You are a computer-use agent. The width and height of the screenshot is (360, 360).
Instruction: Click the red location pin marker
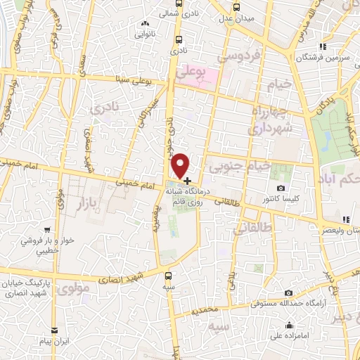tap(181, 165)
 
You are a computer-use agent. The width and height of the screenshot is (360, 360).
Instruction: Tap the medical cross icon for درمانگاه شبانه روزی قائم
tap(187, 181)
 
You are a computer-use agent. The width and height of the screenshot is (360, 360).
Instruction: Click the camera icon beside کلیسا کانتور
tap(281, 188)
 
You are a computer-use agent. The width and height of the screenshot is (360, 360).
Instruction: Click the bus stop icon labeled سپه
tap(167, 276)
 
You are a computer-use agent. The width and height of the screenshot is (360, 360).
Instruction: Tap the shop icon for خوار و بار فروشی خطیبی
tap(46, 229)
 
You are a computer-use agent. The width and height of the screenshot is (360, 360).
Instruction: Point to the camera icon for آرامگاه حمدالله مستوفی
tap(288, 292)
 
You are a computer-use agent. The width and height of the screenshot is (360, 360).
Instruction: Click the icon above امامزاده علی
tap(289, 325)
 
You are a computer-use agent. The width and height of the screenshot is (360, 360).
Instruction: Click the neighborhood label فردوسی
tap(240, 56)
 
